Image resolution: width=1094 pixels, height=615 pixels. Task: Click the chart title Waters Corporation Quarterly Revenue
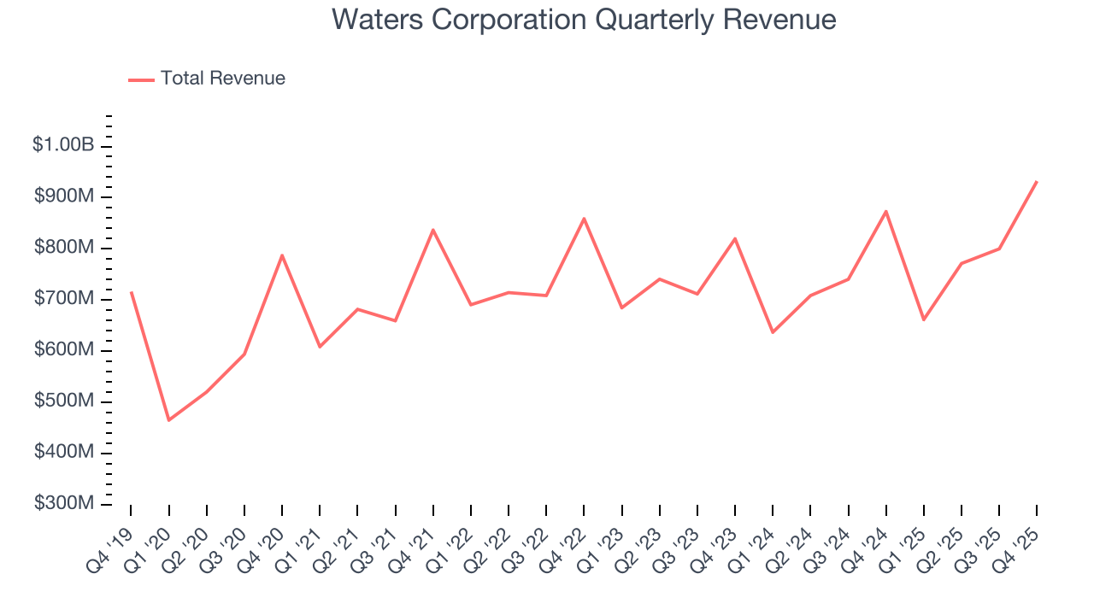(584, 20)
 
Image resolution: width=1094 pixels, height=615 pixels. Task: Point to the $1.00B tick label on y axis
(63, 145)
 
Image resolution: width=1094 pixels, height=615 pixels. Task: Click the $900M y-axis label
(64, 196)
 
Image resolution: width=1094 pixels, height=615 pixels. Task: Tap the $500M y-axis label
(64, 401)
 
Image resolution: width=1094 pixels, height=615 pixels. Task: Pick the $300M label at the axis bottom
(64, 504)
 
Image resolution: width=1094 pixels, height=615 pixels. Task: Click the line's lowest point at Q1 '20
(168, 420)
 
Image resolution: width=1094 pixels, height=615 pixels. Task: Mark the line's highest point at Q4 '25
(1036, 181)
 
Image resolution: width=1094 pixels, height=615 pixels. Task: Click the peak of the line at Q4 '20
(282, 255)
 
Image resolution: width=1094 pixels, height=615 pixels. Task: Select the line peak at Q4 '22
(584, 219)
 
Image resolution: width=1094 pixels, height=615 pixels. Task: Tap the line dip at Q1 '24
(773, 332)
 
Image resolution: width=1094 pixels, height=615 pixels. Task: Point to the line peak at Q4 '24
(885, 211)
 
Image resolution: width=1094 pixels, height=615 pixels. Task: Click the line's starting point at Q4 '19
(131, 292)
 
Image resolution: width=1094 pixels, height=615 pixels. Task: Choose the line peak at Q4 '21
(432, 230)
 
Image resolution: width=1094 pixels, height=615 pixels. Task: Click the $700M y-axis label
(64, 299)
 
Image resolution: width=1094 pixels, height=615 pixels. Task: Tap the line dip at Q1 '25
(923, 319)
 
